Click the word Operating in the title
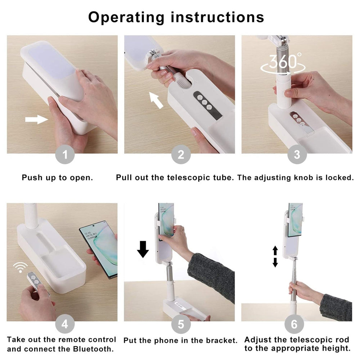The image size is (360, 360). point(126,17)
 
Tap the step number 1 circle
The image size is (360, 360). point(65,155)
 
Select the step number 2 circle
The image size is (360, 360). point(181,155)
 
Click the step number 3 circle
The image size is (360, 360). point(297,155)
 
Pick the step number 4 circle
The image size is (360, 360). point(65,324)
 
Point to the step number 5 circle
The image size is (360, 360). point(181,324)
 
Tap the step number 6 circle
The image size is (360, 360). point(294,324)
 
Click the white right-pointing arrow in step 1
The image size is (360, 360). point(37,119)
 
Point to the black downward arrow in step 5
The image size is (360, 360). point(143,249)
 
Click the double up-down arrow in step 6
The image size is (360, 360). point(275,256)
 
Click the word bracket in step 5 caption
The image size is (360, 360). point(222,340)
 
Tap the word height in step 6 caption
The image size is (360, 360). point(337,348)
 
